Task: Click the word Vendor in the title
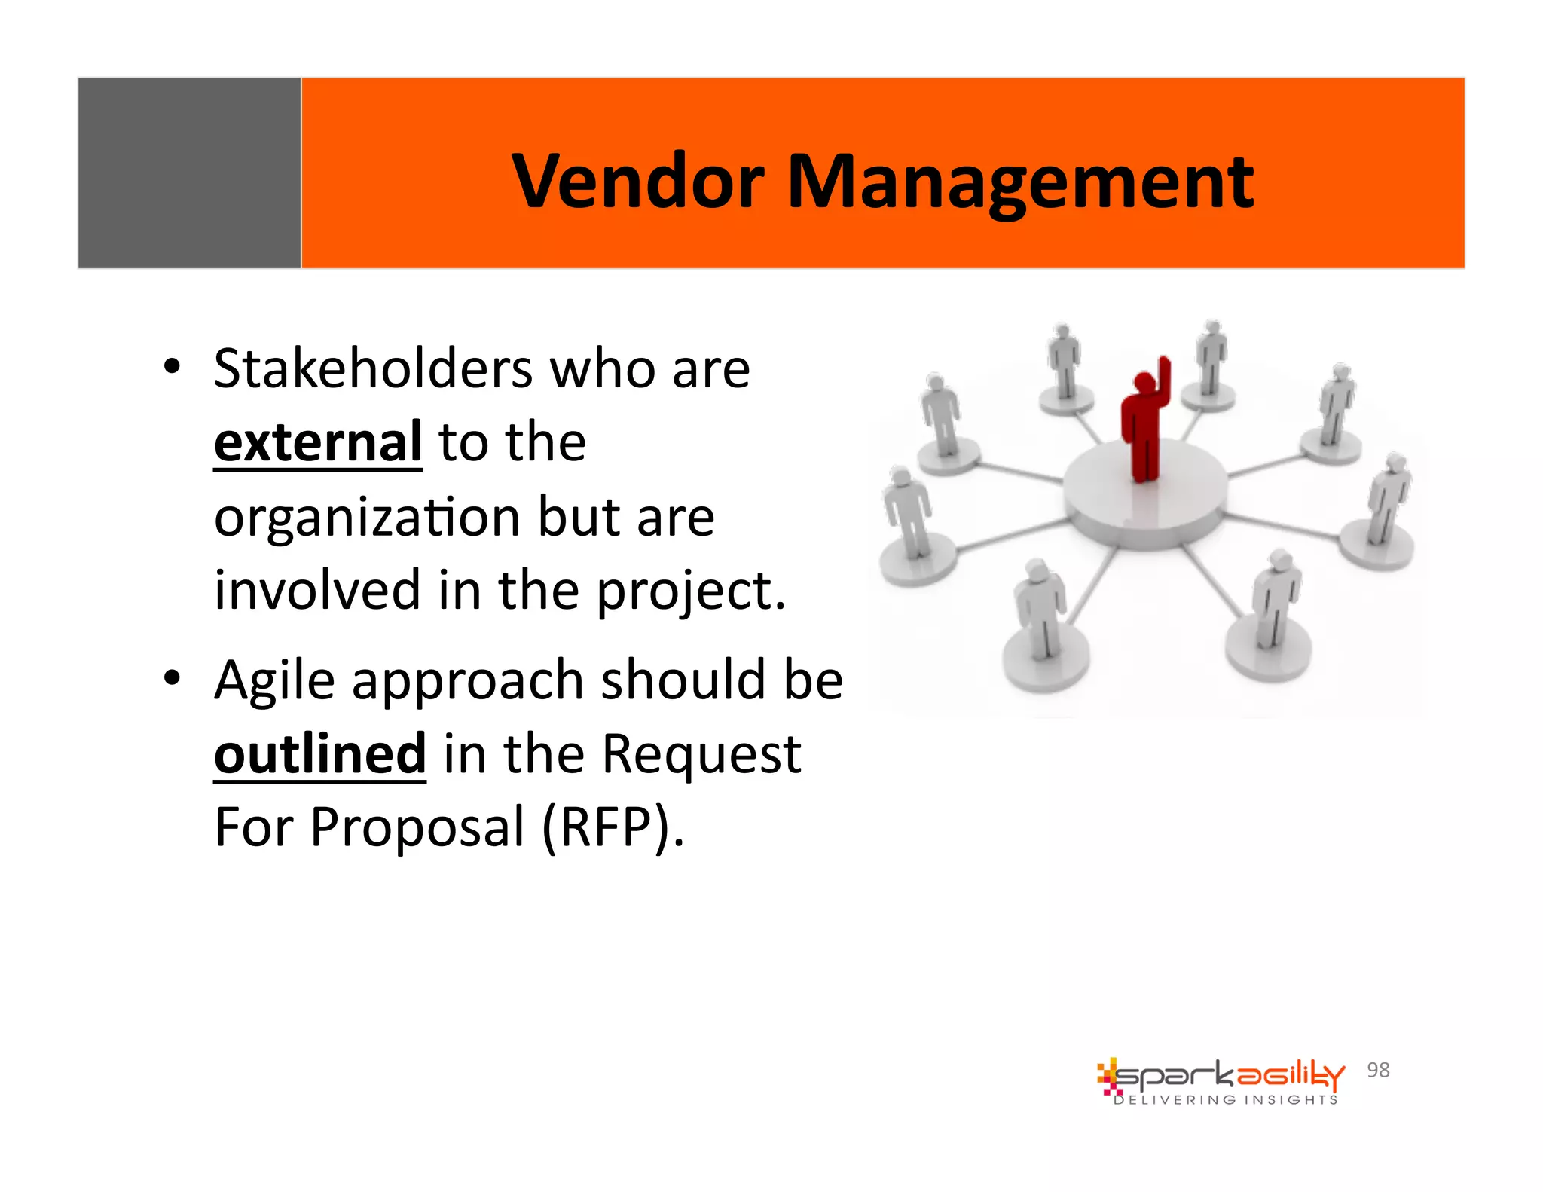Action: tap(637, 182)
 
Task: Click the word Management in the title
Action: tap(1020, 183)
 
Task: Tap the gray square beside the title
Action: tap(189, 173)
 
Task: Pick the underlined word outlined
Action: tap(320, 754)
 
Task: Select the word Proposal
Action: tap(417, 827)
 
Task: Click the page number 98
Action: tap(1378, 1070)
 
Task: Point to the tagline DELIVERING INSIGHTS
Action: tap(1226, 1100)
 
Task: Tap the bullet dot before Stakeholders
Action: tap(172, 367)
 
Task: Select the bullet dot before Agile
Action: tap(172, 678)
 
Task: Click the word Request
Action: tap(701, 754)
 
